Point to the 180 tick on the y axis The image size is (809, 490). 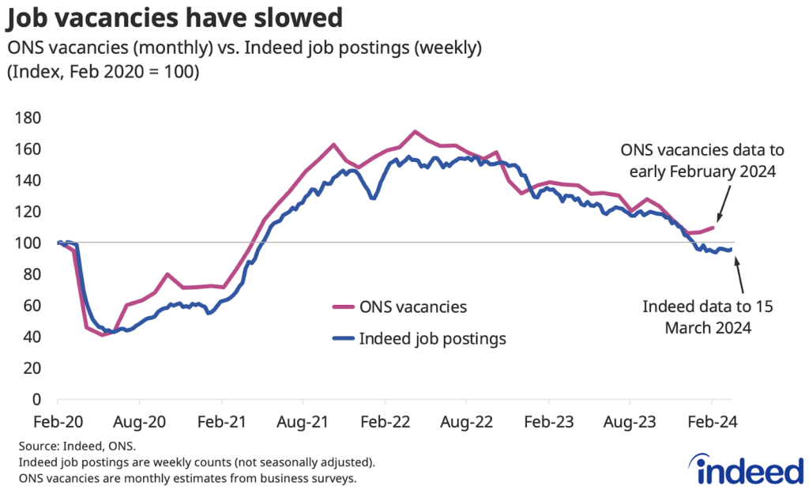click(30, 118)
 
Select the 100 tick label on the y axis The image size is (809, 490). click(30, 243)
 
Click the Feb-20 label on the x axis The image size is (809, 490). click(58, 421)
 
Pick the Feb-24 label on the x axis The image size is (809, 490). click(712, 421)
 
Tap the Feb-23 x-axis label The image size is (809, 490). click(548, 421)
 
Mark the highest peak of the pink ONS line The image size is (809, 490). click(415, 131)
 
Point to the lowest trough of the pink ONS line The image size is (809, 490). click(102, 335)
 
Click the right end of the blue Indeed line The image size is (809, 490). click(731, 249)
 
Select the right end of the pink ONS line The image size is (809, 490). click(713, 228)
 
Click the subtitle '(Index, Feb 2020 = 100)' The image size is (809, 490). click(103, 72)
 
